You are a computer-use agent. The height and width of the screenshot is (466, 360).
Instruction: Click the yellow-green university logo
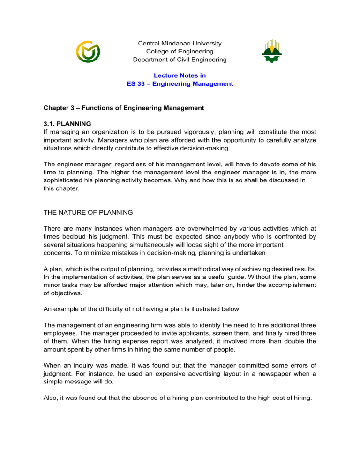(88, 52)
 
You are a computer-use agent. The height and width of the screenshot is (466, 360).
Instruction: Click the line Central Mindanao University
(180, 44)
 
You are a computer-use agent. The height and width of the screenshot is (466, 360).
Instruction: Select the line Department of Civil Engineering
(180, 60)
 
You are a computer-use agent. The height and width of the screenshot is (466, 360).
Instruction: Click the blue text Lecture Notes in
(180, 75)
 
